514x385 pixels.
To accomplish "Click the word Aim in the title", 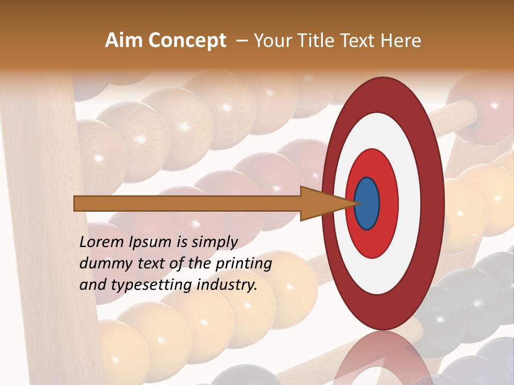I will pyautogui.click(x=124, y=41).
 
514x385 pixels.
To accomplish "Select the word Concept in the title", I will pyautogui.click(x=187, y=41).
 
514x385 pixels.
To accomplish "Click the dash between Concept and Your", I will pyautogui.click(x=241, y=41).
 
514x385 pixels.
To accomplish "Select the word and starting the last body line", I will pyautogui.click(x=92, y=285).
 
